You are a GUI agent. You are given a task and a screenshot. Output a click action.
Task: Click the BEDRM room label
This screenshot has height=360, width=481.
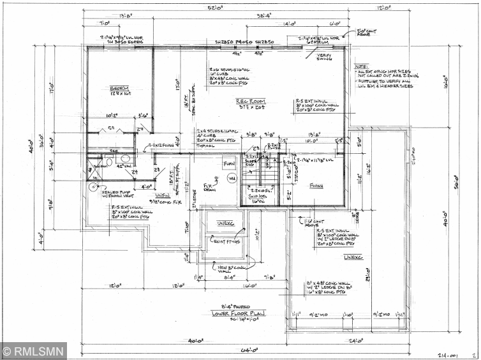pyautogui.click(x=119, y=88)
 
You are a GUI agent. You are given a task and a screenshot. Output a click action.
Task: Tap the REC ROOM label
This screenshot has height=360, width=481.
pyautogui.click(x=250, y=101)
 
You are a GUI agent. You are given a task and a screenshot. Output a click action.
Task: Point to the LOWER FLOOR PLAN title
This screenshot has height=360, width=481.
pyautogui.click(x=239, y=313)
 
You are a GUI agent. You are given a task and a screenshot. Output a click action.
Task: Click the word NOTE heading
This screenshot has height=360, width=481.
pyautogui.click(x=362, y=66)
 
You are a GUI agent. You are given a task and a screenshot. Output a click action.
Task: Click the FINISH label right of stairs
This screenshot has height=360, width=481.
pyautogui.click(x=316, y=185)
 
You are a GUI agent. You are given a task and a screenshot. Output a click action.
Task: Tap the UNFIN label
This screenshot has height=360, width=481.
pyautogui.click(x=163, y=195)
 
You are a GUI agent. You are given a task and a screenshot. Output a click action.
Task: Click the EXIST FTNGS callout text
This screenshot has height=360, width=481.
pyautogui.click(x=228, y=241)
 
